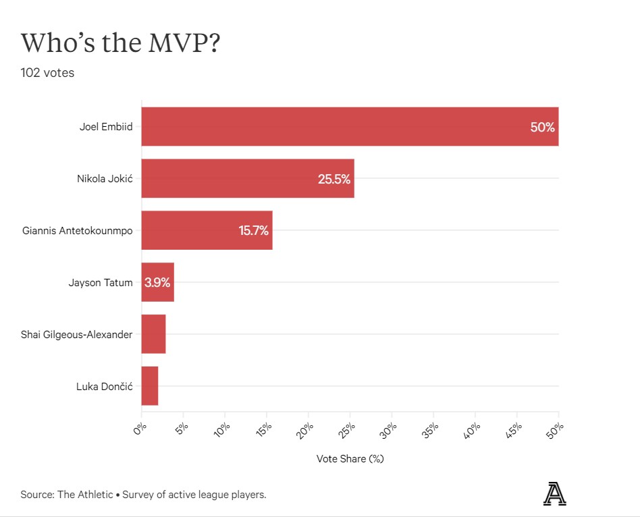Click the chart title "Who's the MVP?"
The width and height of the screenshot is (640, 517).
coord(121,43)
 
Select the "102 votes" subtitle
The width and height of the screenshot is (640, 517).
coord(47,73)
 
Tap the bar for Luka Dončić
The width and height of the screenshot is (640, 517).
coord(150,386)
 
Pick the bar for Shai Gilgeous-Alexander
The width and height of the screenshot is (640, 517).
coord(154,334)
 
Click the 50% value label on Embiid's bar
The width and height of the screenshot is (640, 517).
coord(542,127)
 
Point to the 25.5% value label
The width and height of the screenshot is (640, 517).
coord(334,179)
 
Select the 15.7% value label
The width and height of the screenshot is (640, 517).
coord(253,231)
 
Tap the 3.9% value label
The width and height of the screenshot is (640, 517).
coord(157,282)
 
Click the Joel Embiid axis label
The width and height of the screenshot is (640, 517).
coord(106,127)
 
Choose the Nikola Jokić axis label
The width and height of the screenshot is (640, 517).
coord(105,179)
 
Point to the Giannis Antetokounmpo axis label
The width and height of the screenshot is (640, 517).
coord(77,231)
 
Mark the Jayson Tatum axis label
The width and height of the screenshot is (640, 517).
coord(101,282)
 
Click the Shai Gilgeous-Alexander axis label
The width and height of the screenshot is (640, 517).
coord(77,334)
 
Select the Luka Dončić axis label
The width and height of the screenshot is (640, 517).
coord(105,386)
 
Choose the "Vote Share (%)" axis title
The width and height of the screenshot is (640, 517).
coord(350,459)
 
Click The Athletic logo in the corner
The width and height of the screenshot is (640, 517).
coord(554,494)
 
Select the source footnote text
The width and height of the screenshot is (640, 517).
coord(143,495)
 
